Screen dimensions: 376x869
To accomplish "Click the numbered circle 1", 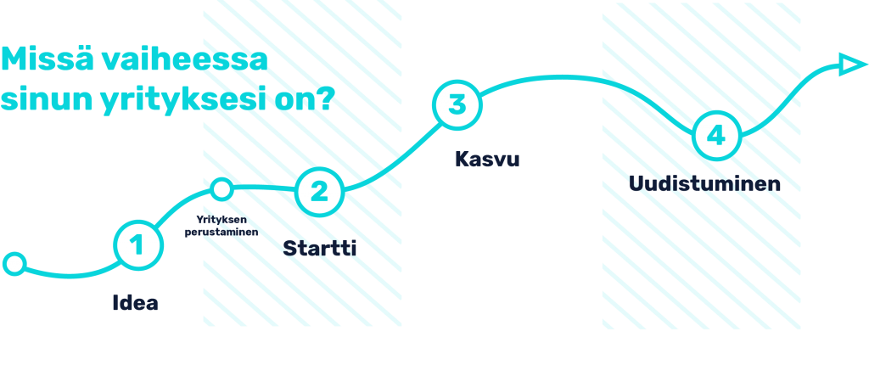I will point(136,245).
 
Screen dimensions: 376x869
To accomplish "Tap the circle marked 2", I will point(319,191).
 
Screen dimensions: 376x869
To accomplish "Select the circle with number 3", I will point(457,104).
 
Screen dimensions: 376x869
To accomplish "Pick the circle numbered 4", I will point(716,136).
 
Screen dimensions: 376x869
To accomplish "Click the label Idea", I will point(136,303).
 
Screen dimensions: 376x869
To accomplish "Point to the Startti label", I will point(319,248).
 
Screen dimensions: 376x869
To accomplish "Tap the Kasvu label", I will point(487,159).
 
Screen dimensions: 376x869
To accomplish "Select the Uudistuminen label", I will point(704,183).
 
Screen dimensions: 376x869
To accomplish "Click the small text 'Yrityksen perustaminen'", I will point(221,225).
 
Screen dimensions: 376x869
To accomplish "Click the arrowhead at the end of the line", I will point(849,65).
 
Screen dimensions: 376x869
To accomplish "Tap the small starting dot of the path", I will point(14,264).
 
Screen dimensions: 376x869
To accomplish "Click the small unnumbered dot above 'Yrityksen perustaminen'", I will point(221,188).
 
